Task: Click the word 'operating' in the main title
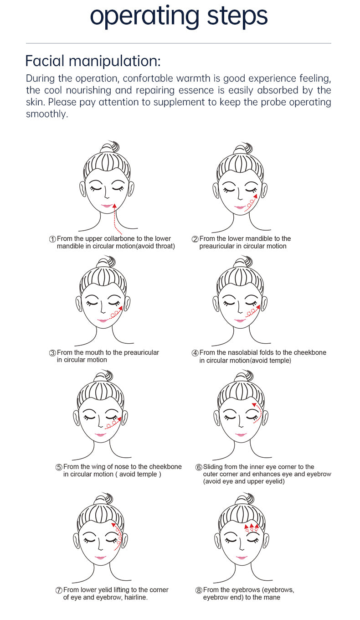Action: coord(144,16)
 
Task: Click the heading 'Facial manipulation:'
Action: coord(93,61)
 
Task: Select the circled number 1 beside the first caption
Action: coord(52,239)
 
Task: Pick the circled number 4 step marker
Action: coord(195,353)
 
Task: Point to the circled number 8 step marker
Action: coord(199,590)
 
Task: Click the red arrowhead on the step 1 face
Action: coord(114,206)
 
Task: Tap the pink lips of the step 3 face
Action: coord(103,320)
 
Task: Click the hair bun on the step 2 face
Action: coord(242,150)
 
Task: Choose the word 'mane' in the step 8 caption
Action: coord(273,597)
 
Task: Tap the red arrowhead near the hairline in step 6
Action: coord(254,405)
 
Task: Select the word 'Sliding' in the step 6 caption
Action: coord(213,467)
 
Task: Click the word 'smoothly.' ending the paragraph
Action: coord(47,114)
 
